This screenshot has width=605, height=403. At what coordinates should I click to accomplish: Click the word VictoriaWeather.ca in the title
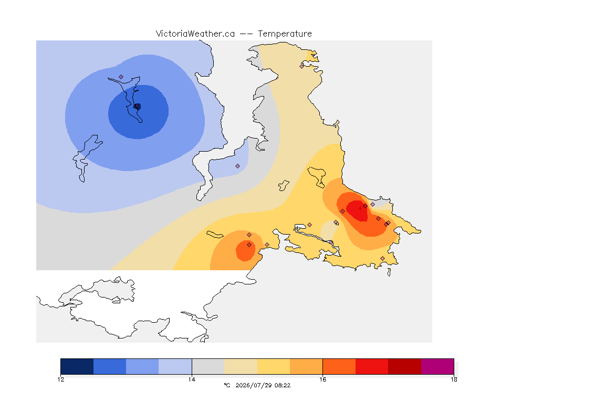195,34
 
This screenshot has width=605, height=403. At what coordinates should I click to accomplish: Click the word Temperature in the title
285,34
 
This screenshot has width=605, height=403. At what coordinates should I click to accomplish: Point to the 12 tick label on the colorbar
60,379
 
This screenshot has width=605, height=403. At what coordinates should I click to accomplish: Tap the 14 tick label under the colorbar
192,379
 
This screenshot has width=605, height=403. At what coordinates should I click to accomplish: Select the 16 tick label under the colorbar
322,379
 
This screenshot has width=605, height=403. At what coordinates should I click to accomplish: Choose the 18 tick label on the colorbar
454,379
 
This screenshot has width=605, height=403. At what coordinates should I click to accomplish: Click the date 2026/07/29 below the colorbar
253,385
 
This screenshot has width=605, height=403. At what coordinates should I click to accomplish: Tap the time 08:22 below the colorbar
283,385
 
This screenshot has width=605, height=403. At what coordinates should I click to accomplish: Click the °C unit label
227,385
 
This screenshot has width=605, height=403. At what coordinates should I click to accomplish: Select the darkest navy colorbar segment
77,366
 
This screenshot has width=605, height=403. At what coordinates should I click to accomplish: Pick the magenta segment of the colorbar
437,366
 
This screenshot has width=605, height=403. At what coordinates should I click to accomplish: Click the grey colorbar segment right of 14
208,366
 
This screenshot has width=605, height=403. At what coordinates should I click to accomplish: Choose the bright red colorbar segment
372,366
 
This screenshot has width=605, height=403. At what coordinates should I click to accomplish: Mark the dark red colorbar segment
404,366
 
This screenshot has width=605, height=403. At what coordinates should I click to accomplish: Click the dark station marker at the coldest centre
138,107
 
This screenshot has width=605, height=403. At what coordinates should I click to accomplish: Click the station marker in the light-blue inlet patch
238,166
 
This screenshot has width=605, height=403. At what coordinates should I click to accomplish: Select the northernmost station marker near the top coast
302,66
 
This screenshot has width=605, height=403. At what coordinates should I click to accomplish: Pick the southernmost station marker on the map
382,258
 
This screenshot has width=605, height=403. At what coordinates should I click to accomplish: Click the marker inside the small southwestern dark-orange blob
249,245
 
